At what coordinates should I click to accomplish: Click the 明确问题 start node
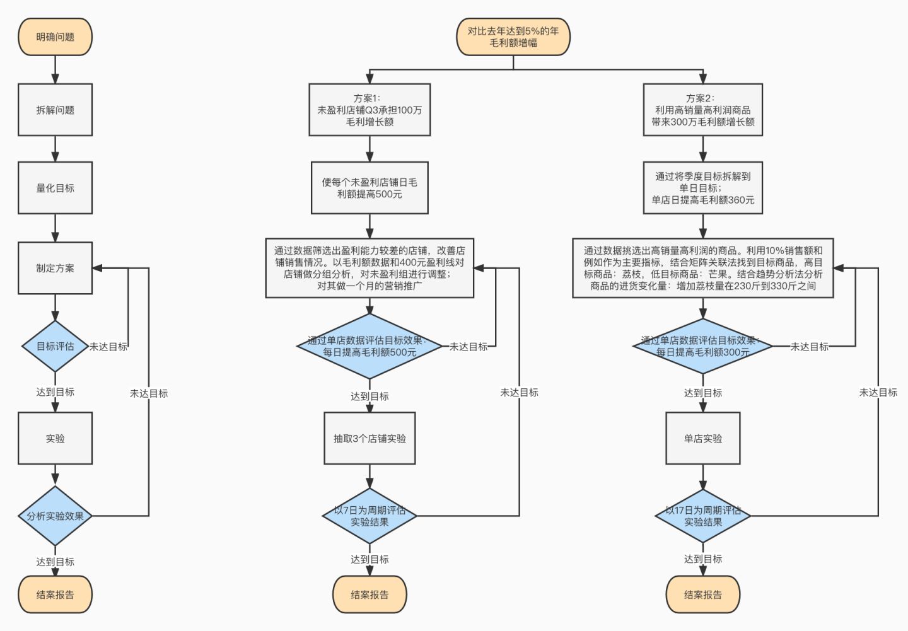tap(55, 37)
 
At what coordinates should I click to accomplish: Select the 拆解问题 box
tap(55, 110)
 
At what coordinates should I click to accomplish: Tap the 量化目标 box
tap(55, 188)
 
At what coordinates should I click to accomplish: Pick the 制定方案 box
tap(55, 268)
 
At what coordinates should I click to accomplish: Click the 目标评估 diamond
tap(55, 346)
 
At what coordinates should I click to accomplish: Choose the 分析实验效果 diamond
tap(55, 516)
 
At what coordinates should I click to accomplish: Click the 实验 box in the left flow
tap(55, 438)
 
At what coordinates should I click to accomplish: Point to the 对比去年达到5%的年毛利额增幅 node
tap(513, 37)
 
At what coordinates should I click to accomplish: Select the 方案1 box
tap(370, 110)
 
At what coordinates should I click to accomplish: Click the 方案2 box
tap(703, 110)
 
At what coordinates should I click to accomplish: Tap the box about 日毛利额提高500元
tap(370, 188)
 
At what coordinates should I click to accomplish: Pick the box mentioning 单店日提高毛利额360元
tap(703, 188)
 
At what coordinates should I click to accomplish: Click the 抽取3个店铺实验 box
tap(370, 438)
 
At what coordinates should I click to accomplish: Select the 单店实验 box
tap(703, 438)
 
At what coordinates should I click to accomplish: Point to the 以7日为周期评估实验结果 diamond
tap(370, 516)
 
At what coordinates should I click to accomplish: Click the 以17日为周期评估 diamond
tap(703, 516)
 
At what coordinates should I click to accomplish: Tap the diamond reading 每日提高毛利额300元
tap(703, 346)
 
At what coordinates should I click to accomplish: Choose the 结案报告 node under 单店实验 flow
tap(703, 594)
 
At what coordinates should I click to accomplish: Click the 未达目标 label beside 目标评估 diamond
tap(108, 347)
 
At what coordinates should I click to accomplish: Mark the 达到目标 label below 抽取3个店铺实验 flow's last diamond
tap(370, 559)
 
